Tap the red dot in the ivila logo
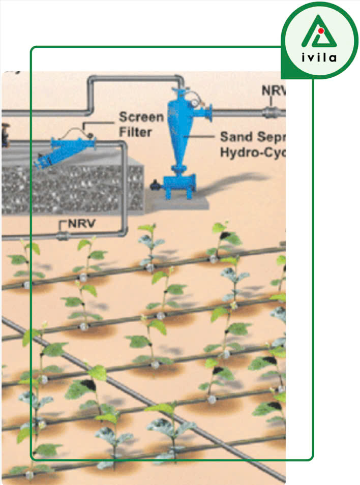(321, 31)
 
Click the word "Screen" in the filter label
(141, 117)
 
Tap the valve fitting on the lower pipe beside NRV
(63, 236)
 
